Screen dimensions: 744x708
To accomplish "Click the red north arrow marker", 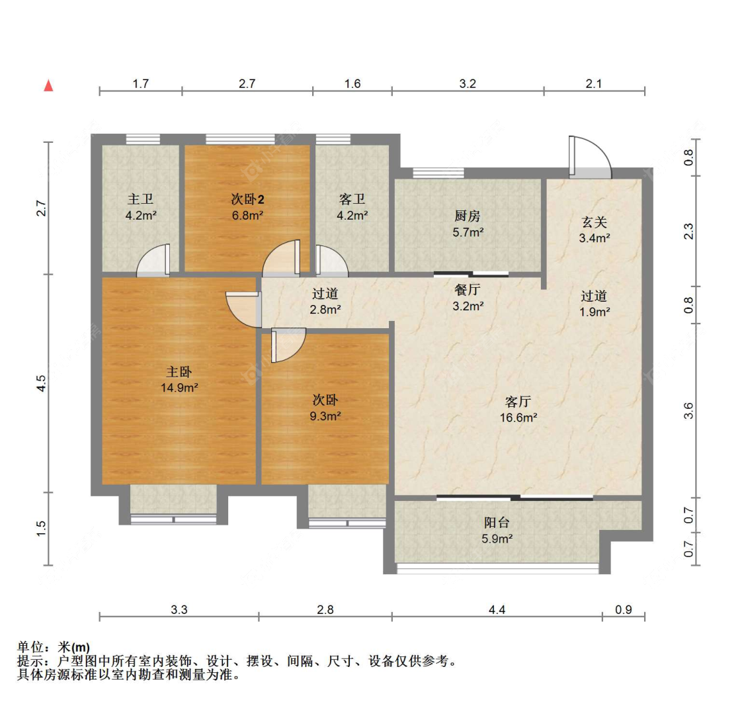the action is pyautogui.click(x=48, y=86).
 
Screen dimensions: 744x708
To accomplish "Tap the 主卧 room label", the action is pyautogui.click(x=179, y=372).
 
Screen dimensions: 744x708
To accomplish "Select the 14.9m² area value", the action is pyautogui.click(x=179, y=388).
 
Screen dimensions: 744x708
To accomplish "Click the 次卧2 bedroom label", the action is pyautogui.click(x=247, y=199).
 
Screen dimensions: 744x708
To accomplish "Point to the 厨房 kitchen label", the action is pyautogui.click(x=468, y=216).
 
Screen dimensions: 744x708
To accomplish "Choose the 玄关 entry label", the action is pyautogui.click(x=594, y=222).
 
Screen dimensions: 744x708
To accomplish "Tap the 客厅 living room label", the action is pyautogui.click(x=518, y=402).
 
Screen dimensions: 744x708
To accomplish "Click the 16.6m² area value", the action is pyautogui.click(x=518, y=418).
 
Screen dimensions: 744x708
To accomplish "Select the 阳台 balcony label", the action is pyautogui.click(x=497, y=523).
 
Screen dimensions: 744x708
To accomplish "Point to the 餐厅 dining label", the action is pyautogui.click(x=468, y=290).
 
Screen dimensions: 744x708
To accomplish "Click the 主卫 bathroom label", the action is pyautogui.click(x=140, y=199).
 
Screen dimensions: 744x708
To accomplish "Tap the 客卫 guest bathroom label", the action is pyautogui.click(x=352, y=199).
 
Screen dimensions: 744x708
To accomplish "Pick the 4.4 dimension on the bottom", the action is pyautogui.click(x=497, y=609).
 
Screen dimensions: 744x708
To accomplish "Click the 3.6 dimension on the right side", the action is pyautogui.click(x=688, y=411).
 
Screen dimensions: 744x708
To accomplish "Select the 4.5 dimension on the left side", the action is pyautogui.click(x=41, y=383).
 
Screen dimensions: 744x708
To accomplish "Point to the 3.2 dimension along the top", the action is pyautogui.click(x=468, y=83).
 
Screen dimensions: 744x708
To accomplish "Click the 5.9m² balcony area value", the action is pyautogui.click(x=497, y=539).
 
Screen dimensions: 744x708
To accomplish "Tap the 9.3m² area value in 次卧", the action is pyautogui.click(x=325, y=416).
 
